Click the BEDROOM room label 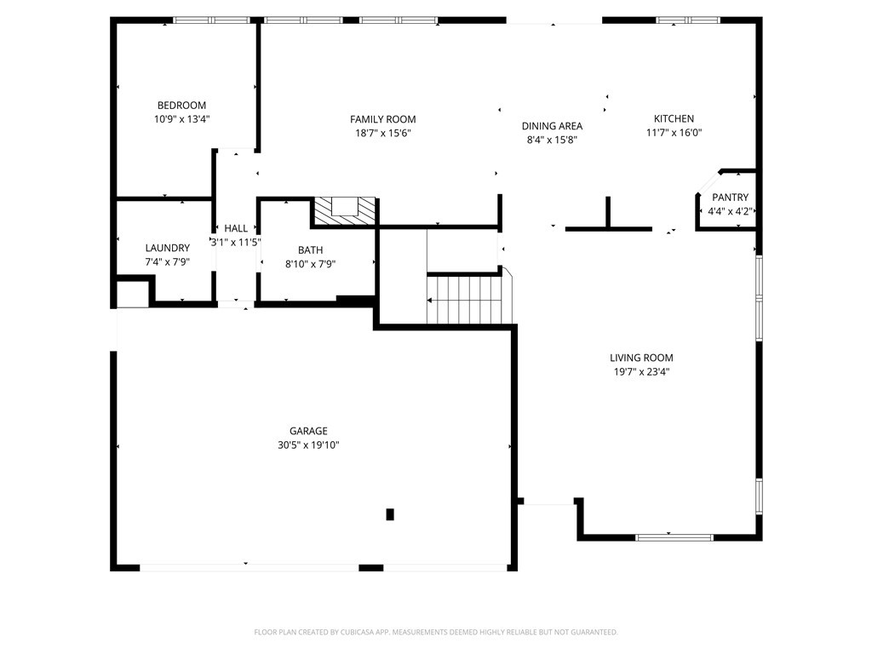coord(181,105)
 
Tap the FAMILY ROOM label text coord(382,119)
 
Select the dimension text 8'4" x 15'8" coord(552,140)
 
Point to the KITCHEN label coord(674,118)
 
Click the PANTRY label coord(730,198)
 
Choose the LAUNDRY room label coord(168,248)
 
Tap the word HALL coord(236,228)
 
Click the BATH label coord(310,250)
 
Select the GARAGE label coord(308,431)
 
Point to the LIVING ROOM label coord(641,359)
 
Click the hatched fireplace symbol coord(345,211)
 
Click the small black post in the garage coord(390,514)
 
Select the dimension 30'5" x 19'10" coord(308,445)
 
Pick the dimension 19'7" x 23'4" coord(641,372)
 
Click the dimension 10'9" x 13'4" coord(181,119)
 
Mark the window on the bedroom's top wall coord(211,20)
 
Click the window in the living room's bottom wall coord(674,537)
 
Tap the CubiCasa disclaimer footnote coord(436,633)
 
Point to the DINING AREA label coord(552,126)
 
